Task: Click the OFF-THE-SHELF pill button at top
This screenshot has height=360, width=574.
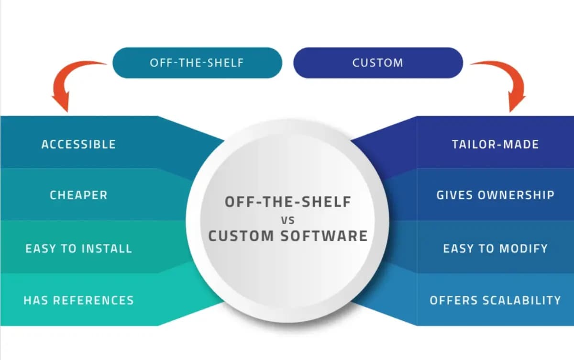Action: coord(197,63)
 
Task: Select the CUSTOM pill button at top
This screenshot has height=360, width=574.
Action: coord(378,63)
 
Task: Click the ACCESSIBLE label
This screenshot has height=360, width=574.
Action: coord(78,144)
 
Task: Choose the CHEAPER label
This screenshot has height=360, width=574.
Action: coord(78,195)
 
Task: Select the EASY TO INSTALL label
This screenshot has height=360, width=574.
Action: coord(78,248)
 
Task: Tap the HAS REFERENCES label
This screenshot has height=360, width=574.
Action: coord(78,301)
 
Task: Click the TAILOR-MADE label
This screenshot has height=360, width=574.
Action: coord(495,144)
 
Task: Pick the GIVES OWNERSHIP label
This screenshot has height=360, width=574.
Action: coord(495,195)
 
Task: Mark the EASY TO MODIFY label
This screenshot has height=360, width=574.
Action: coord(495,248)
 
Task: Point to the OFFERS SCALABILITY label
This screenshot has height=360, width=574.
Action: coord(495,301)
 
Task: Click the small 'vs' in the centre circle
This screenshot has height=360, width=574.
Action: coord(288,220)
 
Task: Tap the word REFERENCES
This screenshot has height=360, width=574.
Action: coord(93,301)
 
